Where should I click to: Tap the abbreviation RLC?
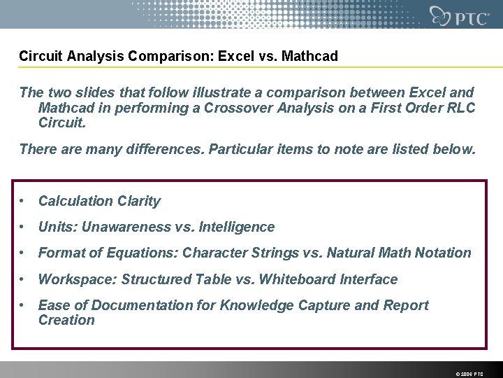click(460, 108)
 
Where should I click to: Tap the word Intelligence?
click(237, 227)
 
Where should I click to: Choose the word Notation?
click(443, 253)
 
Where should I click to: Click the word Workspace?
click(76, 280)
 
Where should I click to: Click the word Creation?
click(66, 321)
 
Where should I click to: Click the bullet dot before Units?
click(24, 227)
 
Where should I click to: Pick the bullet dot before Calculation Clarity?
click(24, 202)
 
